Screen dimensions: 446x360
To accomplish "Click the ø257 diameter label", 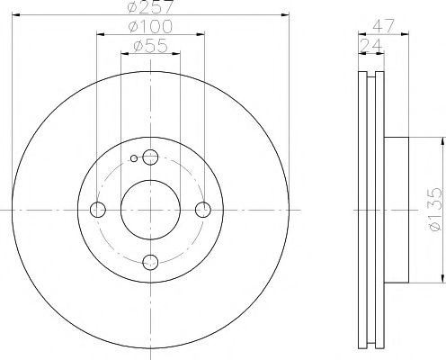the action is coord(150,6).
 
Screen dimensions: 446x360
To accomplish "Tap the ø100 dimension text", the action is coord(150,27).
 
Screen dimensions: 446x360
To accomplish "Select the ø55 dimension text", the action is coord(150,46).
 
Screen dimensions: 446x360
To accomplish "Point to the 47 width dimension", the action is coord(383,26).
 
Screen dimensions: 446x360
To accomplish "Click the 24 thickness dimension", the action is coord(371,46).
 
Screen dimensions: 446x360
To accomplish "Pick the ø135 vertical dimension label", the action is coord(435,210).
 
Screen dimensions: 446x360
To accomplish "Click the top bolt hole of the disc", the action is coord(150,157).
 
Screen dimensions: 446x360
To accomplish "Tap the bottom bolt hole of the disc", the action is coord(150,262).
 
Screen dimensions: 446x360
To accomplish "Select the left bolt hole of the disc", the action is coord(98,210).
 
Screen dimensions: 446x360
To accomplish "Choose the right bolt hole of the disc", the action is coord(203,210).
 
